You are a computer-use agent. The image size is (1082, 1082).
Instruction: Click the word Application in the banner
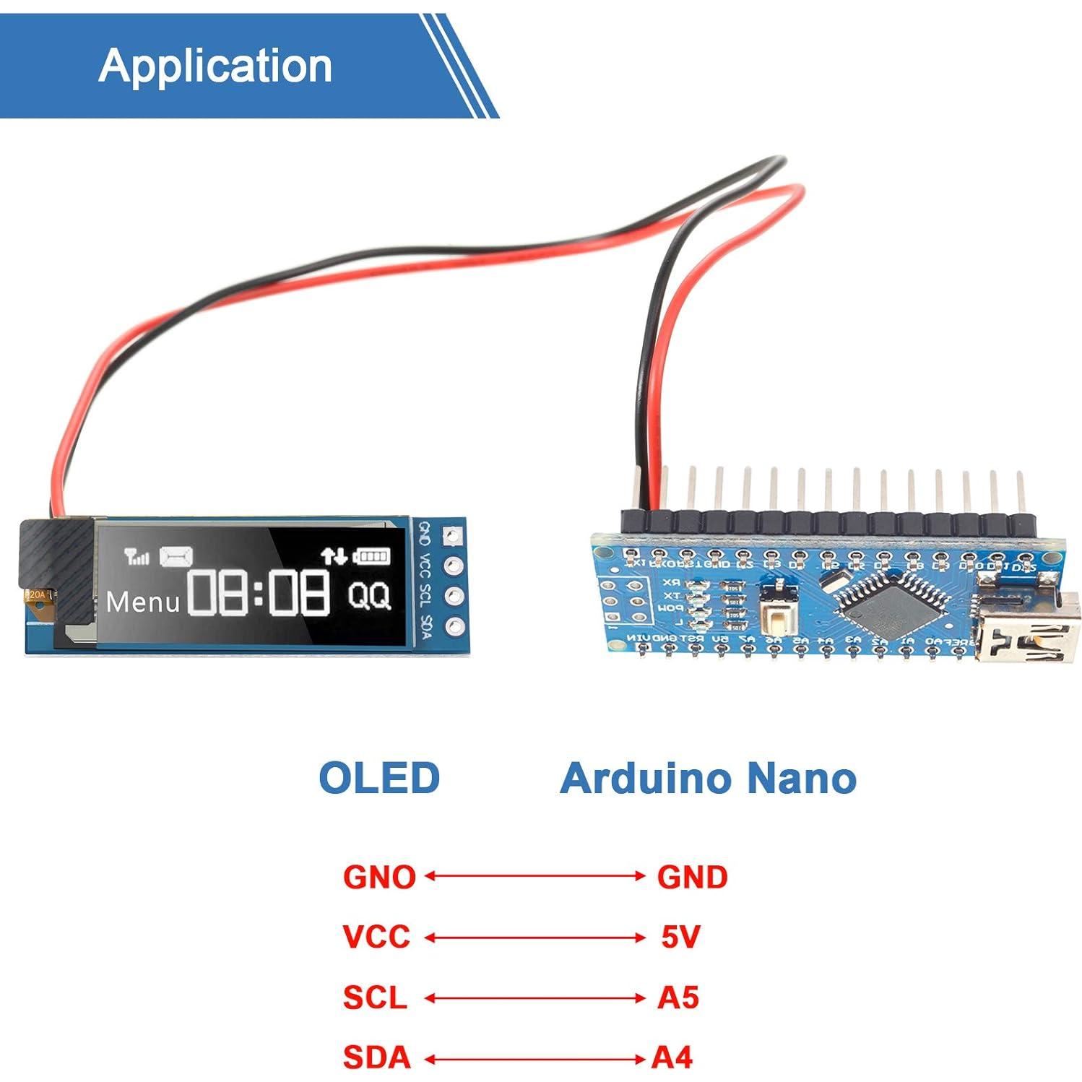click(215, 66)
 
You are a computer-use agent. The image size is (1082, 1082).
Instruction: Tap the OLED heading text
click(379, 778)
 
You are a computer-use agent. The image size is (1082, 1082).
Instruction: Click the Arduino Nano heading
click(708, 778)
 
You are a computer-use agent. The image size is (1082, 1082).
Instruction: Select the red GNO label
click(379, 877)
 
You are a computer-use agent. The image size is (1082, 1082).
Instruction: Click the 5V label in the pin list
click(680, 937)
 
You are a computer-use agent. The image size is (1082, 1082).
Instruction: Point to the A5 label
click(678, 997)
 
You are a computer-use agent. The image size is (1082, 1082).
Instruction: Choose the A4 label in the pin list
click(672, 1057)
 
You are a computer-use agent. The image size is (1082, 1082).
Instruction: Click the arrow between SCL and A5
click(534, 998)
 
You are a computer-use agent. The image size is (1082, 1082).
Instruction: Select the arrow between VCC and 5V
click(534, 938)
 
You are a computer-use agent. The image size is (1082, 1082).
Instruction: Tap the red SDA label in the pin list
click(376, 1057)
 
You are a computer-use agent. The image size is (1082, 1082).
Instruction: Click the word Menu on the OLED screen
click(142, 602)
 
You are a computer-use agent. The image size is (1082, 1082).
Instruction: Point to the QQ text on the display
click(369, 596)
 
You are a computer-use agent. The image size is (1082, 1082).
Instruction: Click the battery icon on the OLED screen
click(371, 555)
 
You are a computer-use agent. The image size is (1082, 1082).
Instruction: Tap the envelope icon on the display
click(176, 556)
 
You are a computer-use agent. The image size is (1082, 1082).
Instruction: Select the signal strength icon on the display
click(137, 556)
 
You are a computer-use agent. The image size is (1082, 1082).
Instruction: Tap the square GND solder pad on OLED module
click(452, 535)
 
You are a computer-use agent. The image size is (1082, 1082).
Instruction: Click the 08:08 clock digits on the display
click(259, 592)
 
